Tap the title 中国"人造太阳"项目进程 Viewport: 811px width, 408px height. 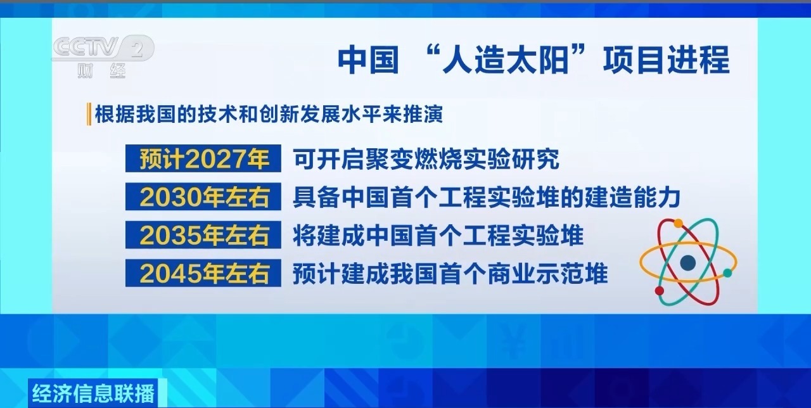tap(533, 61)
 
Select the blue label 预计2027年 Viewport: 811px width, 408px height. tap(203, 159)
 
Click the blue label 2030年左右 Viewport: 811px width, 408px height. tap(203, 198)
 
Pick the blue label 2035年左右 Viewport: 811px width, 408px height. tap(203, 236)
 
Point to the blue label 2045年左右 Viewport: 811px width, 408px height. tap(203, 274)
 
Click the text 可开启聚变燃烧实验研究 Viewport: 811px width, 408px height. tap(426, 160)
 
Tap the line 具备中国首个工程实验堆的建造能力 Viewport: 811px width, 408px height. tap(486, 198)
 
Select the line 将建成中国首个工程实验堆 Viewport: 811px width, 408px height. tap(438, 236)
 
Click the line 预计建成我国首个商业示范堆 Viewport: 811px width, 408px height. tap(450, 274)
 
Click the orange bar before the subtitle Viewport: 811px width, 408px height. tap(89, 114)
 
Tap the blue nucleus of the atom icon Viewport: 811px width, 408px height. tap(687, 262)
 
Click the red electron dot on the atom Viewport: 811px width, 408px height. tap(660, 291)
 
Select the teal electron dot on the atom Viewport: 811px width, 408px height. tap(727, 273)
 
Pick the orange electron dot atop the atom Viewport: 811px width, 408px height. tap(679, 223)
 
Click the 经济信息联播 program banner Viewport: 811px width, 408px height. tap(92, 393)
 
